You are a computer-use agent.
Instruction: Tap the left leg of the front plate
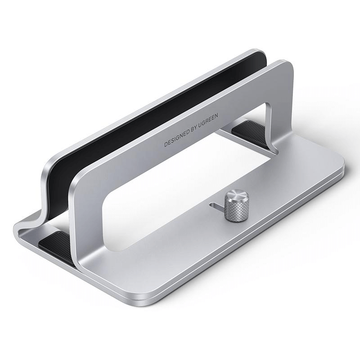pyautogui.click(x=85, y=225)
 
